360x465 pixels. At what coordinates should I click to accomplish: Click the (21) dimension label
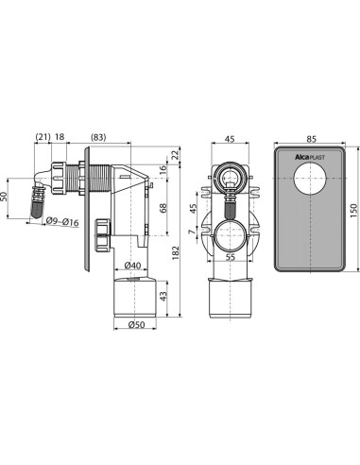point(43,136)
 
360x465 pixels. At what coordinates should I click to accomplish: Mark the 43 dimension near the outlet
point(163,297)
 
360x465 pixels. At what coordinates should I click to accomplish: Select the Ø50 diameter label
point(134,327)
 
